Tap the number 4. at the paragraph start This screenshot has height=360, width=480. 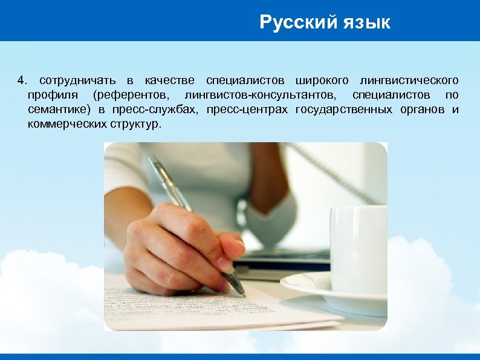click(x=22, y=80)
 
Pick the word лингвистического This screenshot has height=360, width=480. click(x=409, y=80)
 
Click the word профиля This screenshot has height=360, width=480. click(x=51, y=95)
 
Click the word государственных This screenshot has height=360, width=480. click(x=347, y=110)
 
